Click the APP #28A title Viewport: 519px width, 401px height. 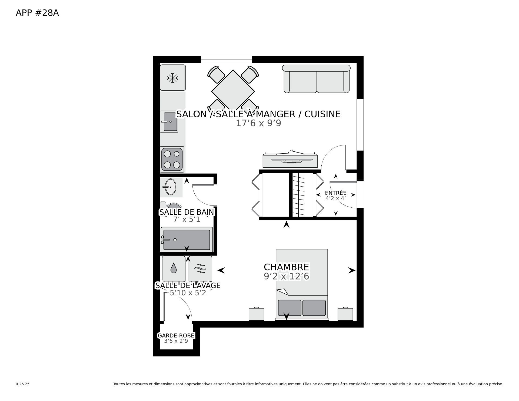tap(37, 13)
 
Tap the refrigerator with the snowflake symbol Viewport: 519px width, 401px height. tap(173, 77)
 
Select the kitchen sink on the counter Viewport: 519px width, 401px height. tap(169, 122)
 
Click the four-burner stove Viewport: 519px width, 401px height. tap(172, 159)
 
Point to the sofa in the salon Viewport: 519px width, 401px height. tap(316, 79)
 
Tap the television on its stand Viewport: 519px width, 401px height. tap(290, 160)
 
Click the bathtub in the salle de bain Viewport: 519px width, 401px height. tap(187, 240)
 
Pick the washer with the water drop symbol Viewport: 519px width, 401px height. tap(174, 269)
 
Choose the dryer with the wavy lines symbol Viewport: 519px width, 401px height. tap(200, 269)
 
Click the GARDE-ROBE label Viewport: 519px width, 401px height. tap(176, 336)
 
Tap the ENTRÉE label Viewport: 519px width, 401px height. tap(335, 193)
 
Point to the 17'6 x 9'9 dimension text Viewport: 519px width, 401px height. tap(259, 123)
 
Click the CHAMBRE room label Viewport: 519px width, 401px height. tap(286, 267)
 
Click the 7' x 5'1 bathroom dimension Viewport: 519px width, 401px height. tap(187, 220)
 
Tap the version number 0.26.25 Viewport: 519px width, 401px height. tap(23, 384)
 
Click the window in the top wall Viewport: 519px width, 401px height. tap(227, 59)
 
